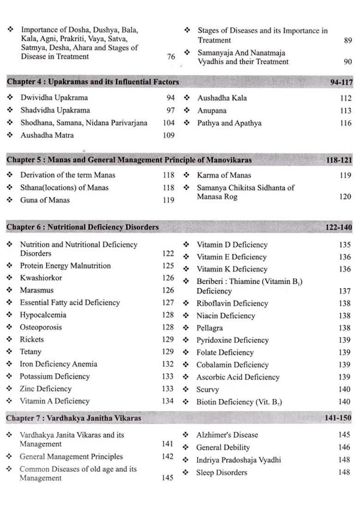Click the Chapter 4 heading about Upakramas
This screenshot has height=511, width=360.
pyautogui.click(x=93, y=82)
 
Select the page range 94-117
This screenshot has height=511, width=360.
pyautogui.click(x=341, y=83)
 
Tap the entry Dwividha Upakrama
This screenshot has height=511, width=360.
pyautogui.click(x=54, y=98)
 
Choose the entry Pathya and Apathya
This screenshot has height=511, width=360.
pyautogui.click(x=229, y=123)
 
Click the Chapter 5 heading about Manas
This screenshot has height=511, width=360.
pyautogui.click(x=129, y=160)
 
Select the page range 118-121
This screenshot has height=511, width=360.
pyautogui.click(x=339, y=160)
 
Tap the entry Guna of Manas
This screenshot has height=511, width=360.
pyautogui.click(x=45, y=200)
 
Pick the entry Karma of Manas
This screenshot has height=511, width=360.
pyautogui.click(x=224, y=175)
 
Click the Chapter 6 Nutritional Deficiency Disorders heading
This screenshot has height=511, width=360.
pyautogui.click(x=83, y=227)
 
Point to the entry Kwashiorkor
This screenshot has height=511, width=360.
pyautogui.click(x=41, y=278)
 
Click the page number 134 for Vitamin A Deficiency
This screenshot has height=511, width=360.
pyautogui.click(x=168, y=401)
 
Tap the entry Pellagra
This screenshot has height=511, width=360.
pyautogui.click(x=210, y=328)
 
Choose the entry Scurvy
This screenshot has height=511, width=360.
pyautogui.click(x=207, y=390)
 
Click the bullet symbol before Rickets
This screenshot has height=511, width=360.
pyautogui.click(x=10, y=339)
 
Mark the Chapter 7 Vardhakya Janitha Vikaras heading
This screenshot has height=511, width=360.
pyautogui.click(x=74, y=418)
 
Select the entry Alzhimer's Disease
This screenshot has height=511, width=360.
pyautogui.click(x=227, y=435)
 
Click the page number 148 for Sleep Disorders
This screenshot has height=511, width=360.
pyautogui.click(x=344, y=472)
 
